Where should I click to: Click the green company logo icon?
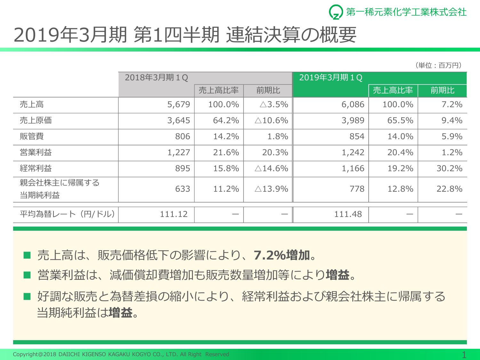coord(336,12)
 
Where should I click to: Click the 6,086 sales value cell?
coord(353,105)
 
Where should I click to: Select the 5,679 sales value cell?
coord(179,105)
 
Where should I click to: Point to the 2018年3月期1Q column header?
coord(156,78)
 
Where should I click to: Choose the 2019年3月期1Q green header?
coord(331,78)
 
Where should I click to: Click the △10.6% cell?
coord(271,121)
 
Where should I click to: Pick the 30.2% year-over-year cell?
coord(449,169)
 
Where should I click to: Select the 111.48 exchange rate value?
coord(348,214)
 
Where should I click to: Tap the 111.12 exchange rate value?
coord(174,214)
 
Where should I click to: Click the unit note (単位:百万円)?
coord(439,66)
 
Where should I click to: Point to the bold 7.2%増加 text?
coord(282,255)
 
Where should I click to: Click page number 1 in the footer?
coord(464,354)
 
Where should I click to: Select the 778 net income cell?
coord(357,189)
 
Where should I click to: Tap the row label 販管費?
coord(32,137)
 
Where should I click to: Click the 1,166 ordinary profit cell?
coord(353,169)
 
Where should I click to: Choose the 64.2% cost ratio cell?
coord(226,121)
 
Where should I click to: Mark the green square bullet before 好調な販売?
coord(27,296)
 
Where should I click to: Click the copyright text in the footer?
coord(121,354)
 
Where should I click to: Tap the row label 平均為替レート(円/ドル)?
coord(67,214)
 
